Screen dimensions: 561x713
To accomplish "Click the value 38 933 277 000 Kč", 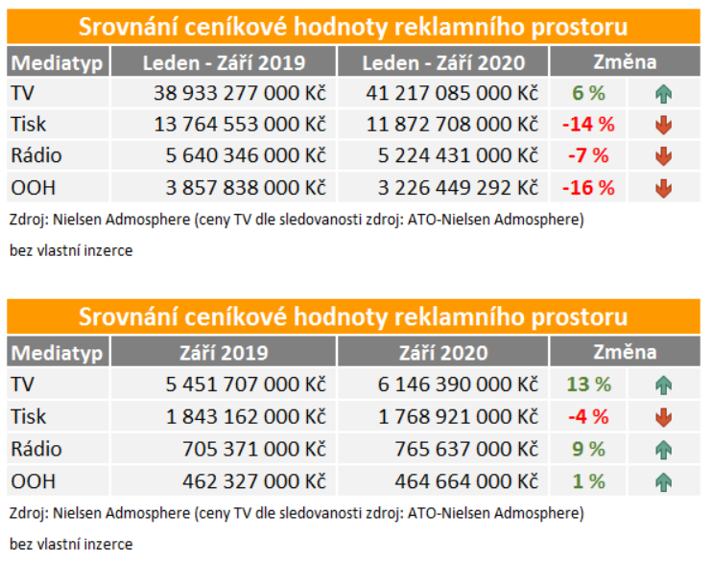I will [x=239, y=93].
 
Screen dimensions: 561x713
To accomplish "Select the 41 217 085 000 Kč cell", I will [x=452, y=93].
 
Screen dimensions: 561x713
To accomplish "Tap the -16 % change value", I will [x=587, y=188].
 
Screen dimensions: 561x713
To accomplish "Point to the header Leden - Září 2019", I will [x=224, y=62].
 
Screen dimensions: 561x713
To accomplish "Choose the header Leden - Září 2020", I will [x=444, y=62].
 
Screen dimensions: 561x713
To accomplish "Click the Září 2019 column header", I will [x=224, y=353].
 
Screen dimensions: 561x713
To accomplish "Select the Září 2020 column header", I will [x=444, y=353].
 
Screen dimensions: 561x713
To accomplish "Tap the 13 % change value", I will [x=587, y=385].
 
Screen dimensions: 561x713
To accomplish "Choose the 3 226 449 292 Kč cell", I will [x=452, y=188].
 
